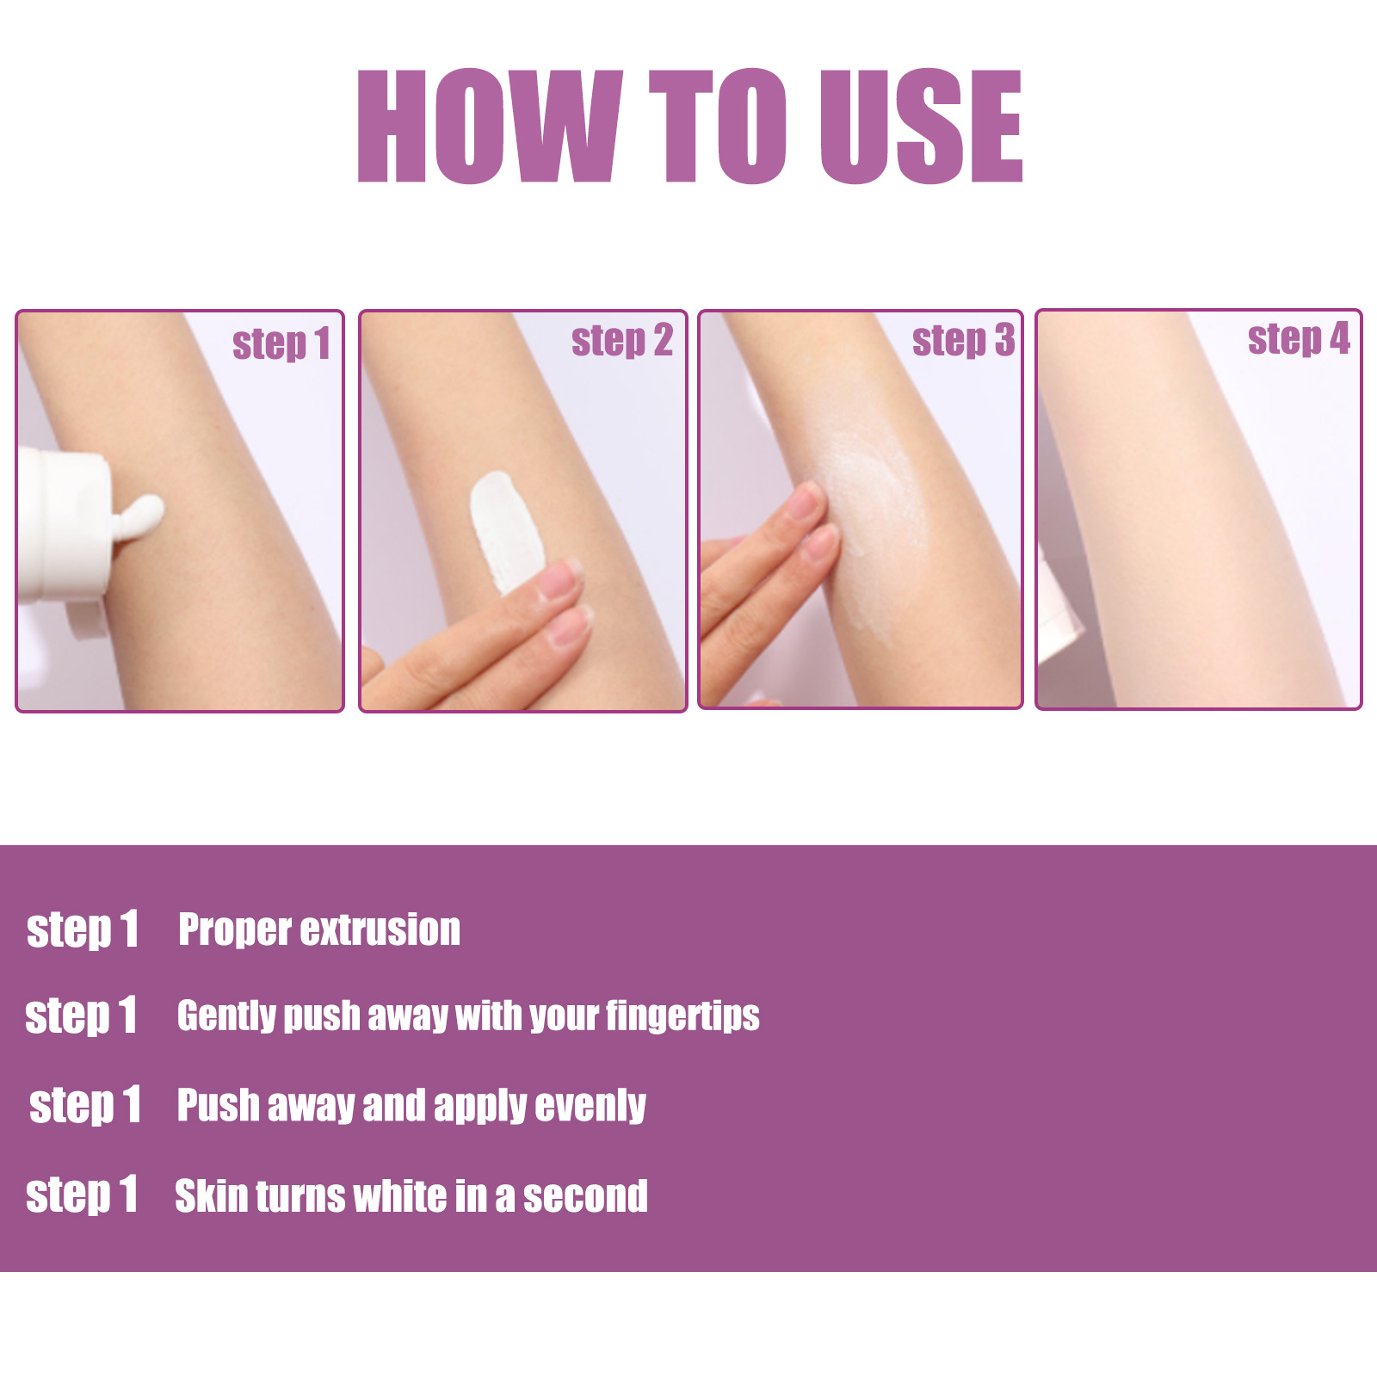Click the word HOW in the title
[x=489, y=127]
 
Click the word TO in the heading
[x=718, y=127]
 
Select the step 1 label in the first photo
[x=281, y=344]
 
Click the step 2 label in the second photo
[x=621, y=341]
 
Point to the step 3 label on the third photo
[x=963, y=340]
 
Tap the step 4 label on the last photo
[x=1299, y=338]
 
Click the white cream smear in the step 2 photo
[x=504, y=529]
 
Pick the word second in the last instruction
[x=585, y=1196]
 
